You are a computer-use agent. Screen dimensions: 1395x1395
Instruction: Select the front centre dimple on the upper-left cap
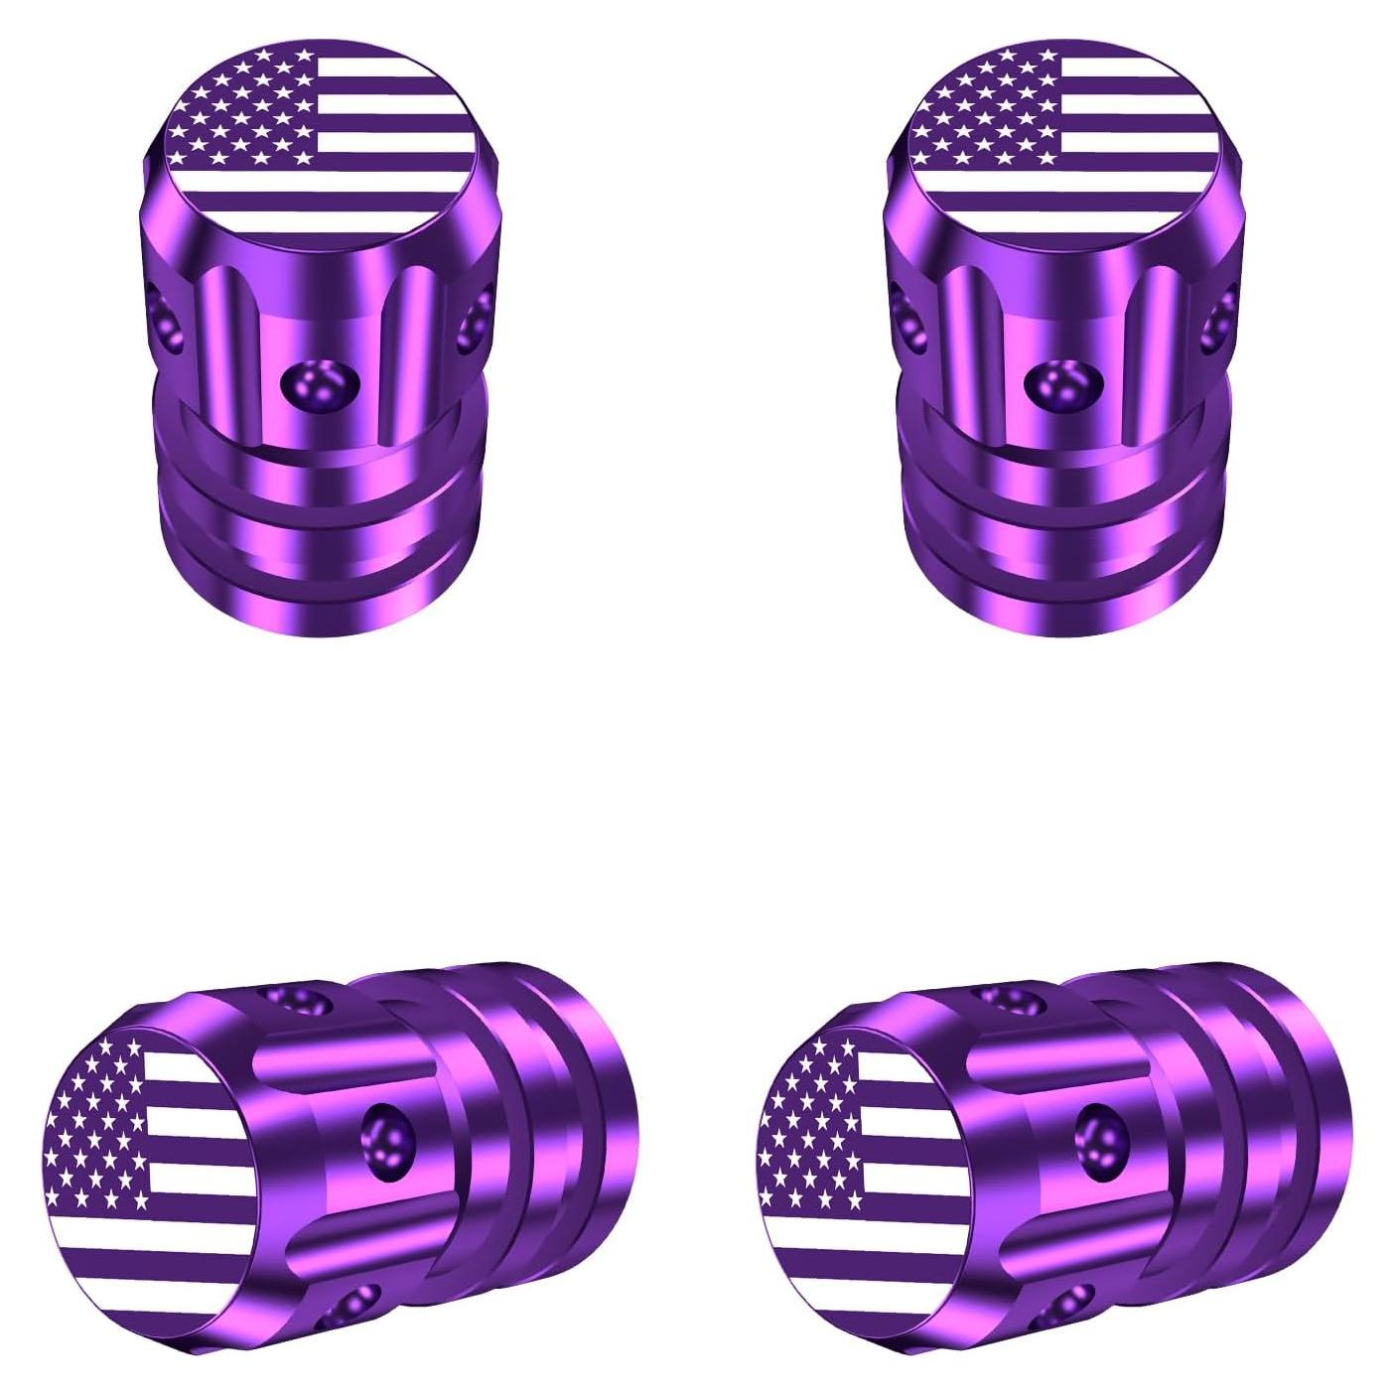coord(320,384)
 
